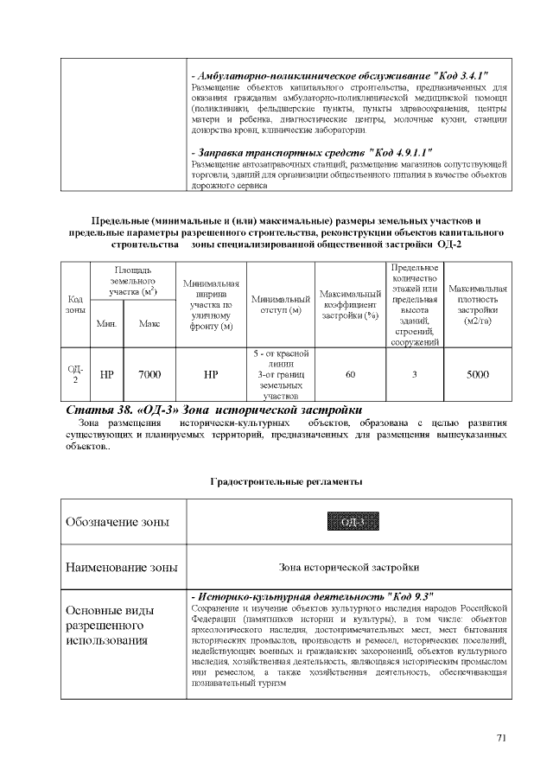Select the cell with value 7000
(x=149, y=375)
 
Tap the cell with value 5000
(x=478, y=375)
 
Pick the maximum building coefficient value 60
(x=350, y=375)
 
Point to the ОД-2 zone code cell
(x=75, y=375)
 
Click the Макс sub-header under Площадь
(x=149, y=324)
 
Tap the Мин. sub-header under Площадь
(x=107, y=324)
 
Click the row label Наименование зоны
(x=122, y=568)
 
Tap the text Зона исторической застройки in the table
(x=349, y=568)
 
